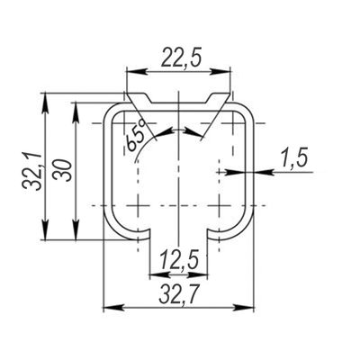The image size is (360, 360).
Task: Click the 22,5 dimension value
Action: point(181,57)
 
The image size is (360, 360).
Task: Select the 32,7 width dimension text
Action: point(179,293)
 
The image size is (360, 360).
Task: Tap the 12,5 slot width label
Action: point(179,260)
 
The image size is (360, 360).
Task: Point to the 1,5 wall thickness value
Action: point(295,158)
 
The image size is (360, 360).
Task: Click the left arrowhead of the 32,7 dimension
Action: point(113,308)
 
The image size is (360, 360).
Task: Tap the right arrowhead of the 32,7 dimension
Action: point(244,308)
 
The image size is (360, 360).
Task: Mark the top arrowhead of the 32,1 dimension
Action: point(45,103)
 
